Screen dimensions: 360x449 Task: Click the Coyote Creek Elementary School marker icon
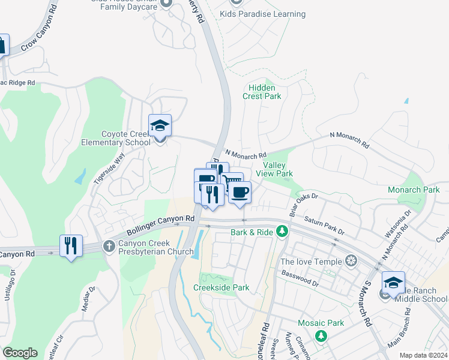point(160,126)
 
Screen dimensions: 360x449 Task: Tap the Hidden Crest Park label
point(262,91)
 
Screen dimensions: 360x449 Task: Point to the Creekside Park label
point(221,287)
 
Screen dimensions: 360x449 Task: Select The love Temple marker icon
point(351,262)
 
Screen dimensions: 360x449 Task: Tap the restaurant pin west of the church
point(71,245)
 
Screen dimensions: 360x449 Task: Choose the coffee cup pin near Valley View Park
point(240,193)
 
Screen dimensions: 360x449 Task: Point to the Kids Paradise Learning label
point(262,14)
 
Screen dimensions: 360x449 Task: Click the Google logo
point(20,352)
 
